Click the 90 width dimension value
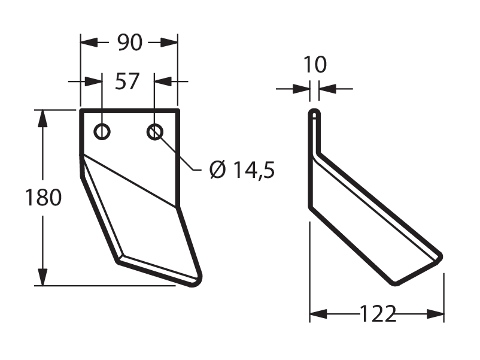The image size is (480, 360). (x=130, y=43)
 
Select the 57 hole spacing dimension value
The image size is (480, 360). (x=127, y=81)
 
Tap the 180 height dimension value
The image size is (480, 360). (x=43, y=198)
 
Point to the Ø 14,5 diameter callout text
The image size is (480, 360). (x=242, y=170)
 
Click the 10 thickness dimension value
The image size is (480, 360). (x=315, y=65)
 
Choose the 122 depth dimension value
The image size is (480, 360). (x=378, y=314)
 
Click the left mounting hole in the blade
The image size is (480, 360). (x=102, y=132)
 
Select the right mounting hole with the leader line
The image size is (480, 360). (x=155, y=132)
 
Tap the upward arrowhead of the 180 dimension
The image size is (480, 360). (x=42, y=117)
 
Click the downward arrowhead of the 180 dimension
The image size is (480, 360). (x=42, y=277)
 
